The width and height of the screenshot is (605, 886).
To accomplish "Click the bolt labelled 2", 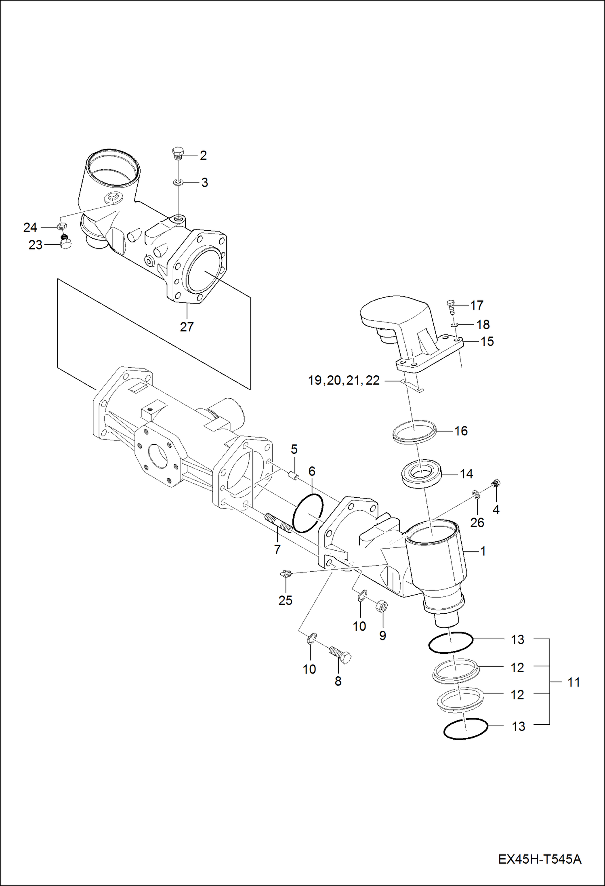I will coord(178,153).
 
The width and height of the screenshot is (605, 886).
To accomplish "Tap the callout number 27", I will coord(187,326).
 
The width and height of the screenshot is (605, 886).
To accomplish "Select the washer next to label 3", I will coord(178,183).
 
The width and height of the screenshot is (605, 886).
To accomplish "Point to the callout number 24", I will coord(30,228).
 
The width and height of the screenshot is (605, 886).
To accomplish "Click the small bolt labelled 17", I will coord(451,306).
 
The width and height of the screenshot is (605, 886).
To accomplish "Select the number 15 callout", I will coord(487,341).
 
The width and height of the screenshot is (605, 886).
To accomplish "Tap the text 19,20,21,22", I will coord(344,380).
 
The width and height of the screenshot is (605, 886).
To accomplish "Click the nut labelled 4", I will coord(497,482).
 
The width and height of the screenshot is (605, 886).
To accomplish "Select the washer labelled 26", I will coord(476,494).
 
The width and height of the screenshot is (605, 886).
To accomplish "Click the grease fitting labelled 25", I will coord(286,573).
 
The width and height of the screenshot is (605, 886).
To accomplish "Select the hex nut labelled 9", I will coord(382,606).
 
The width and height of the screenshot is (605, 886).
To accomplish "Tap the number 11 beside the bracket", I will coord(573,682).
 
